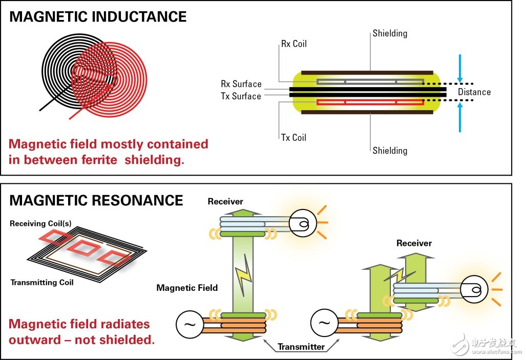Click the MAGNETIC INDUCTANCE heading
(98, 16)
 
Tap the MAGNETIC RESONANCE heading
(96, 200)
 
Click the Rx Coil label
(293, 44)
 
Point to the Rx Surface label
(241, 84)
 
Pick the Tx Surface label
(241, 96)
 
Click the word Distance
(474, 92)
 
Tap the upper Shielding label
(390, 33)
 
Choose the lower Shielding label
(390, 151)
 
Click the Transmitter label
(301, 347)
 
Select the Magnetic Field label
(187, 288)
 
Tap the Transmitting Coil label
(42, 282)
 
